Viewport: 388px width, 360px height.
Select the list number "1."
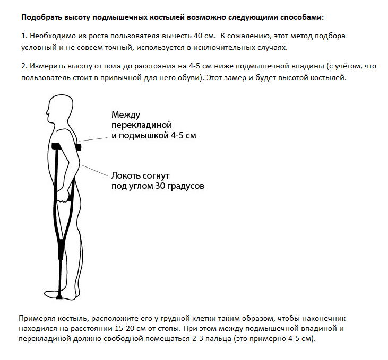pos(24,36)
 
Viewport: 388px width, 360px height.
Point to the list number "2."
pos(24,67)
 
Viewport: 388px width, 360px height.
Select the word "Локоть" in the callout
pos(126,175)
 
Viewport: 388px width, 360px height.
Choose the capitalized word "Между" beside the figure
pos(125,115)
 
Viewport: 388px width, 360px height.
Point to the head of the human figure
pos(57,109)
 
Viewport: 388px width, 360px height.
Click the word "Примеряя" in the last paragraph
pos(38,318)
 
